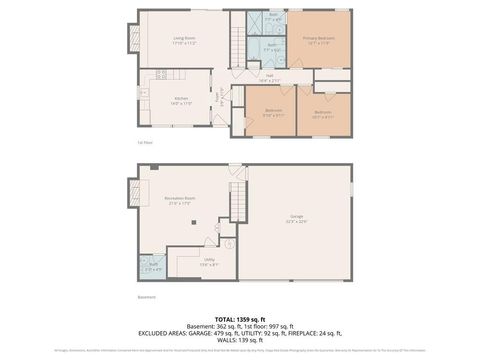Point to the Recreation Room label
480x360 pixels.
tap(178, 202)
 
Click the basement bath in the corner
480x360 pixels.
tap(152, 267)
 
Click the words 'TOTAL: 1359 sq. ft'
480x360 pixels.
tap(240, 319)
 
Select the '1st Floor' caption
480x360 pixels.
tap(146, 142)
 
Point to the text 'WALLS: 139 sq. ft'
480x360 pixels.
tap(240, 341)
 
